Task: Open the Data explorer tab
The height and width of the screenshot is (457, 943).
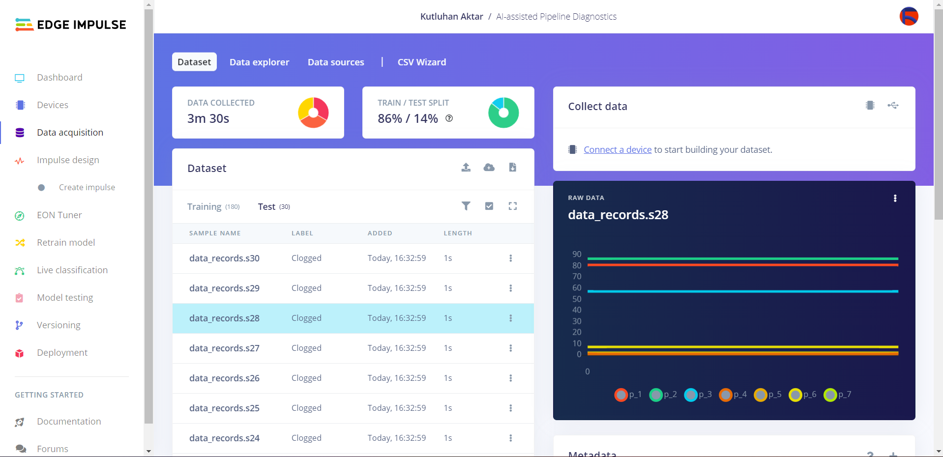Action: [x=259, y=62]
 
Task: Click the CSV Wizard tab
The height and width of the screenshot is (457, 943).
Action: [x=421, y=62]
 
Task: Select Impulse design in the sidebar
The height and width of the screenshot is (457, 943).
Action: [x=68, y=160]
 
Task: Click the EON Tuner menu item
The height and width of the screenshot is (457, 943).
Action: [x=59, y=215]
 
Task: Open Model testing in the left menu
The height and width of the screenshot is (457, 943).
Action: [x=65, y=298]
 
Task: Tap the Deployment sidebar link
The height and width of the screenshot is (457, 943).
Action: [x=62, y=353]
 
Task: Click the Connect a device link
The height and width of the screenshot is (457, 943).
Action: [x=618, y=150]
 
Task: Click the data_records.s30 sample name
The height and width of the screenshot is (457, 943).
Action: [x=224, y=258]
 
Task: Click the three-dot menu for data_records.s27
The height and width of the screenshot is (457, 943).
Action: [x=510, y=348]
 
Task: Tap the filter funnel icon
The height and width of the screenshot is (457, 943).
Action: [x=466, y=206]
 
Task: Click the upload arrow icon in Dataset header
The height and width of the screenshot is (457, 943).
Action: [x=466, y=168]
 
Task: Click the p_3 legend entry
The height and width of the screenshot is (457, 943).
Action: [x=698, y=395]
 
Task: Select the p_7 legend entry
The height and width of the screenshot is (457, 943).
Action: [x=837, y=395]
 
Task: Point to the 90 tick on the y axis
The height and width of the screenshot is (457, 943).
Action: [x=577, y=254]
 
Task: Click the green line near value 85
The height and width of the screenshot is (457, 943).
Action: [x=742, y=258]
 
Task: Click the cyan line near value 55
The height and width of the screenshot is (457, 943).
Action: [x=742, y=291]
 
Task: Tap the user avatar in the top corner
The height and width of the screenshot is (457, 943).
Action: [x=909, y=16]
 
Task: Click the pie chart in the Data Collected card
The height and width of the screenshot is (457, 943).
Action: [x=313, y=113]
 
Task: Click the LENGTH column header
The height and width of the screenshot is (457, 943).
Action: [x=458, y=233]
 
